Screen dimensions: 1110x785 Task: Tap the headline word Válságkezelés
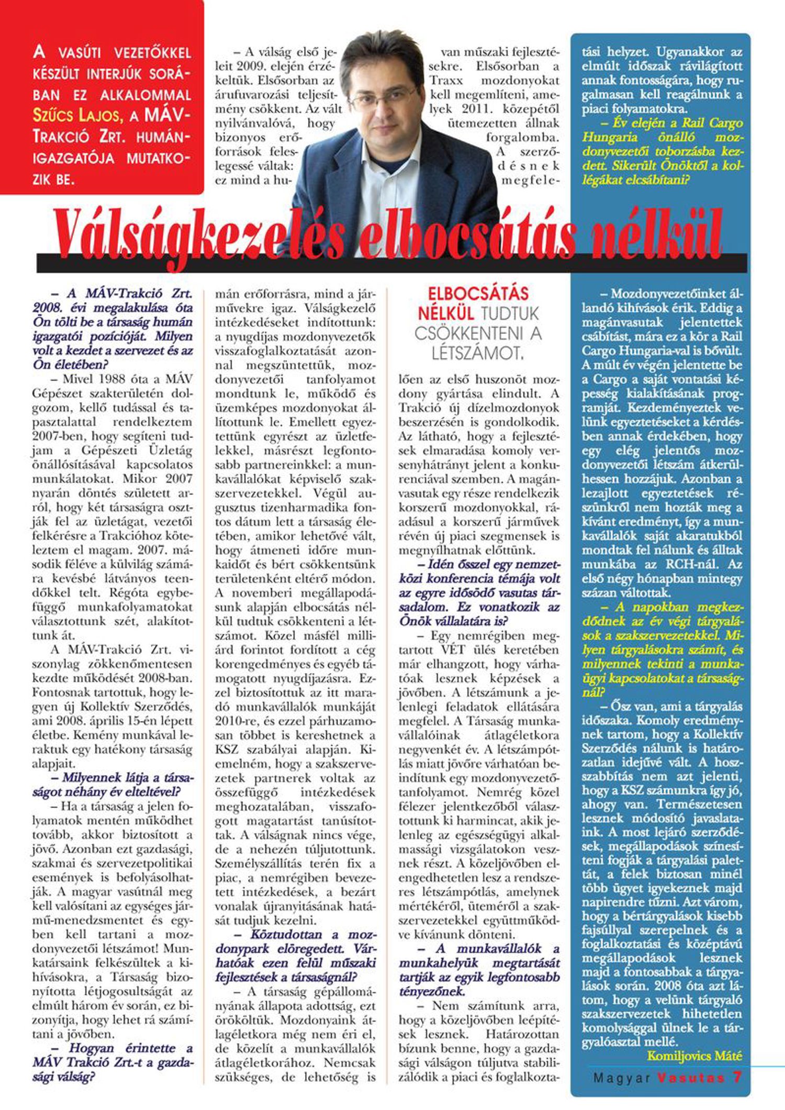199,235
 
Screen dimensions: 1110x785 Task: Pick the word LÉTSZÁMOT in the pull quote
477,354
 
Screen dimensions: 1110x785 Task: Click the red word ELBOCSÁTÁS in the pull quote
478,294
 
